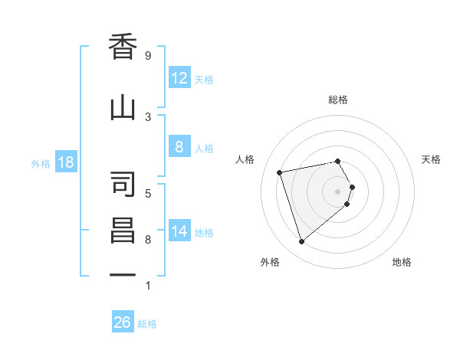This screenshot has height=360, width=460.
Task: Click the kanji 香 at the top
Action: click(123, 47)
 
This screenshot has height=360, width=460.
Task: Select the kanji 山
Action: click(123, 108)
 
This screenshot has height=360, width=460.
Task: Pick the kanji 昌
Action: click(123, 231)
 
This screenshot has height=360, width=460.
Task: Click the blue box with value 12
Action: click(179, 78)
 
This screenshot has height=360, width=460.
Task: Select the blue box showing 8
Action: click(179, 148)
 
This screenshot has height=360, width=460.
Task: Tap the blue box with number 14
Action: click(179, 231)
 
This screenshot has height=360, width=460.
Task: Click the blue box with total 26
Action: click(123, 322)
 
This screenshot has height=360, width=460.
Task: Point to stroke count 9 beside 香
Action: click(148, 56)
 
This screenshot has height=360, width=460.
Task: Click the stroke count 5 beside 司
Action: click(148, 193)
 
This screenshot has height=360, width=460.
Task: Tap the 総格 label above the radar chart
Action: click(338, 100)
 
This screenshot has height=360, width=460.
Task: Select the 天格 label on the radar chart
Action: click(431, 159)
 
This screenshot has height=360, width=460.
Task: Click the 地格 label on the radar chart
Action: click(402, 262)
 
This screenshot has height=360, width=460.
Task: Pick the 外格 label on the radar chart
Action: click(270, 262)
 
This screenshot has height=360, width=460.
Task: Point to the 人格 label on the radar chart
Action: click(245, 159)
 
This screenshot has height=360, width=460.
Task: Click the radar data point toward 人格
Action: click(281, 172)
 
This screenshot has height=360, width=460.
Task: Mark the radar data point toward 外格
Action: click(301, 241)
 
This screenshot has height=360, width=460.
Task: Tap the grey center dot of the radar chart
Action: click(337, 191)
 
